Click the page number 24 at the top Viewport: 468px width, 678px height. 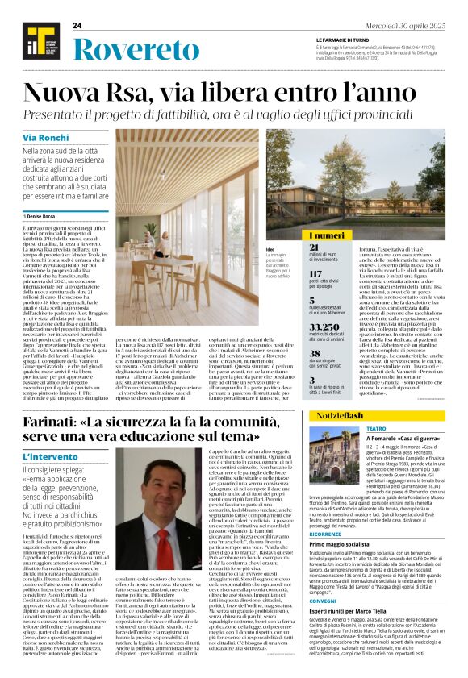77,26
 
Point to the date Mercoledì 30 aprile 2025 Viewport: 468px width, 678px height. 412,26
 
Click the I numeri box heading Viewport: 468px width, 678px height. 323,235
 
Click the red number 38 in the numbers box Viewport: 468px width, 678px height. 315,352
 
